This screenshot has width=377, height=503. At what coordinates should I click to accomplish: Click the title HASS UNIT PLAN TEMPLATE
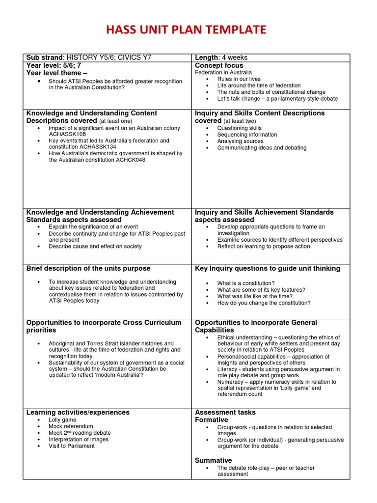188,30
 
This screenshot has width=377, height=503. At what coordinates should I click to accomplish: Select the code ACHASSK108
67,134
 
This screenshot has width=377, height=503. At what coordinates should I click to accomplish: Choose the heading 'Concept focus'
219,65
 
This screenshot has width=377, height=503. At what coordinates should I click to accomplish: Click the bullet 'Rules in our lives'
239,79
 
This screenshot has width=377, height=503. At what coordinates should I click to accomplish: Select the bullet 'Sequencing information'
247,135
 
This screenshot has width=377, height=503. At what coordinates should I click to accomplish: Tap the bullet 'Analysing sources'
240,141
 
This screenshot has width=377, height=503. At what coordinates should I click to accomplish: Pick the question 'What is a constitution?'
246,283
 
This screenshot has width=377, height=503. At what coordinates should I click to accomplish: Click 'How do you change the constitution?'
264,303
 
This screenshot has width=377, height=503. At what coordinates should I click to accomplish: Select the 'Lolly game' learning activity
62,420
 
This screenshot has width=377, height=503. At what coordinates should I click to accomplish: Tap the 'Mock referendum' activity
71,426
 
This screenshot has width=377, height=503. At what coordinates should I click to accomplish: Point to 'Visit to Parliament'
72,446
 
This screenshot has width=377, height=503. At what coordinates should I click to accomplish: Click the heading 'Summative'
213,460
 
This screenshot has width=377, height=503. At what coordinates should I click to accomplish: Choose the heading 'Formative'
212,420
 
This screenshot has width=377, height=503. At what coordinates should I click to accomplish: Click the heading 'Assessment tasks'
225,412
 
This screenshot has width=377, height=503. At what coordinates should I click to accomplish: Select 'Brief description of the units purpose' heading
88,269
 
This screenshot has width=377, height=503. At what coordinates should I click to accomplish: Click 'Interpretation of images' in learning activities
79,440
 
